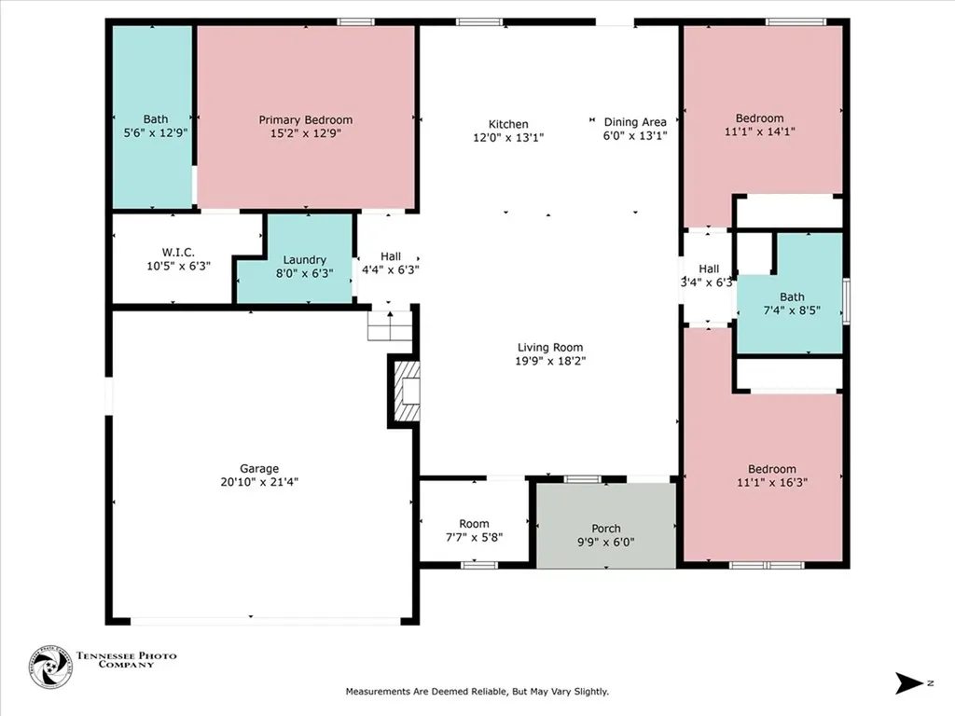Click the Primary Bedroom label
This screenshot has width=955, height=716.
pos(305,119)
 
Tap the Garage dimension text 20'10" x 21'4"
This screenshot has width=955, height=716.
pos(259,482)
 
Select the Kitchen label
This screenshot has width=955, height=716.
pos(508,124)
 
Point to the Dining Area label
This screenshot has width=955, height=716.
pos(634,122)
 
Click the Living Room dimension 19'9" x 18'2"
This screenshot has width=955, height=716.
pos(549,361)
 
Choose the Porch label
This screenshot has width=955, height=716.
pos(605,529)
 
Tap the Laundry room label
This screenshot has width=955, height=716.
pos(304,259)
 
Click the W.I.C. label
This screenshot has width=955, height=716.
pos(177,252)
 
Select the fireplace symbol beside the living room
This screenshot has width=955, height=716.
pos(406,392)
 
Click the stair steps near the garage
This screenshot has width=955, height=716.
pos(389,326)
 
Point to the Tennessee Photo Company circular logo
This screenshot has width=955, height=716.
pos(50,666)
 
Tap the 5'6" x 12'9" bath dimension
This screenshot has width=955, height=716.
pos(156,133)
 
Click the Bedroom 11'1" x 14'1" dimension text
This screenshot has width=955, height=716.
pos(759,132)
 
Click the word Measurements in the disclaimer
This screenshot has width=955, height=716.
pos(380,692)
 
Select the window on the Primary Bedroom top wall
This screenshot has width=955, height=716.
pos(350,21)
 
